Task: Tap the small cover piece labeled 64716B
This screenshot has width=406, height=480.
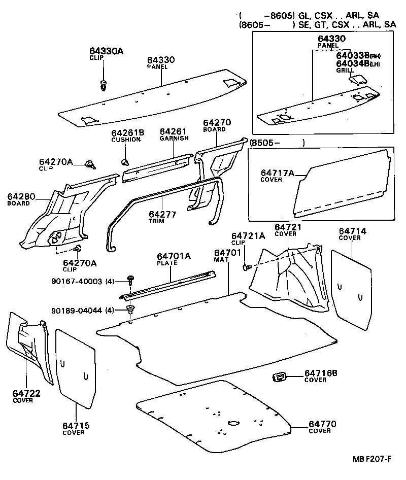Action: [280, 376]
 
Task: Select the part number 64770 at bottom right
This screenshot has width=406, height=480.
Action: [322, 424]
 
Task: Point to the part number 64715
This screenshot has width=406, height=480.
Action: [76, 425]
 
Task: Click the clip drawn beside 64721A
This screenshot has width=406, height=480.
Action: [247, 267]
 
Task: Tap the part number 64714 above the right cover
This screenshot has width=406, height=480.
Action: [352, 231]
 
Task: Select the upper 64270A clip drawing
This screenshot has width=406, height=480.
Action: [90, 163]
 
